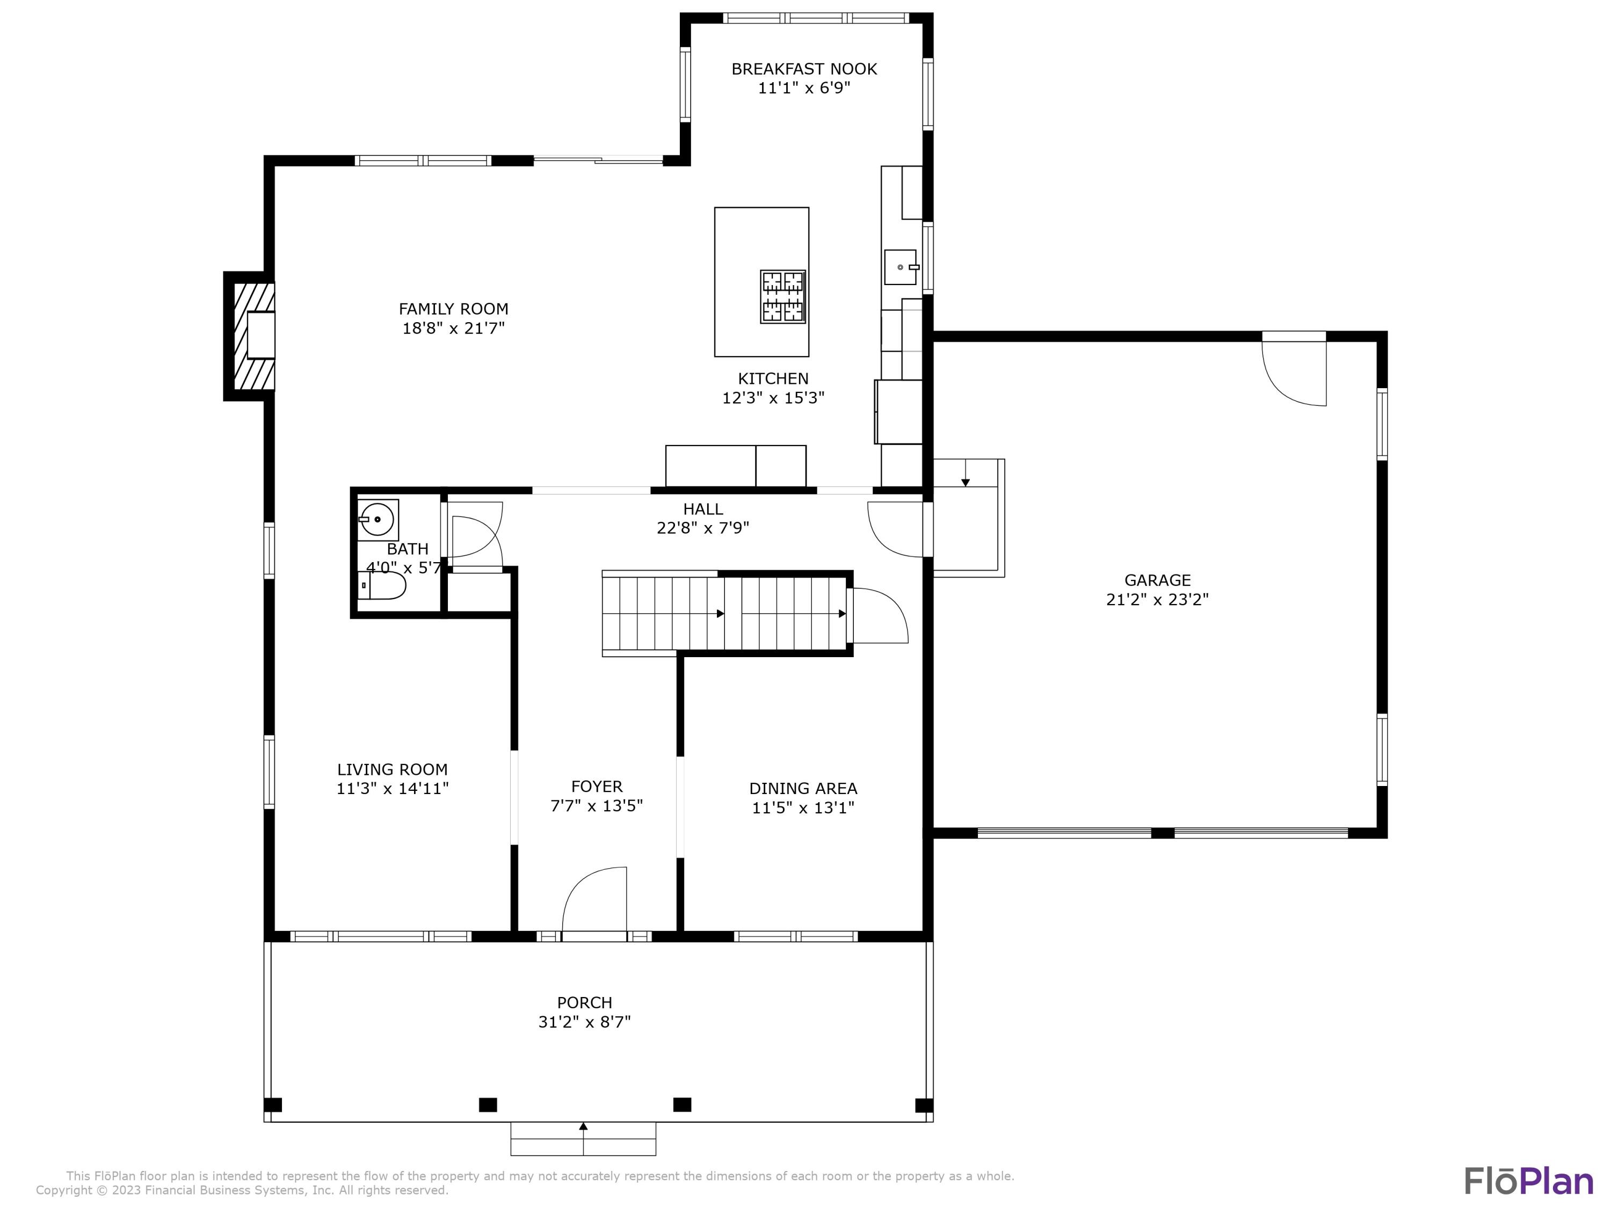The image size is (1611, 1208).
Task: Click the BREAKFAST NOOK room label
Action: point(804,69)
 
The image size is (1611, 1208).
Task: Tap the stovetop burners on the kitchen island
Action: point(783,296)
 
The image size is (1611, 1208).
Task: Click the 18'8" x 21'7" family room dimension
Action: point(453,329)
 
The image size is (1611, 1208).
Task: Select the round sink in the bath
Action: point(378,519)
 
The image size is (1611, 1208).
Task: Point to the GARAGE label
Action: point(1157,580)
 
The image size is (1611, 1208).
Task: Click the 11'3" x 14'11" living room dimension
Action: point(393,789)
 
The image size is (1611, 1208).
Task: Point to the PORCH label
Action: point(584,1003)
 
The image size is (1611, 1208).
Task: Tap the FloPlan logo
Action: point(1529,1181)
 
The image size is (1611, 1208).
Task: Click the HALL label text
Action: point(703,509)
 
